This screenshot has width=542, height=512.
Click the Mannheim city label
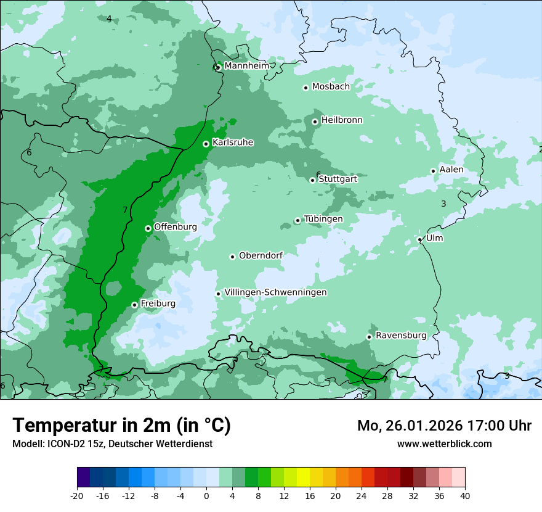click(246, 65)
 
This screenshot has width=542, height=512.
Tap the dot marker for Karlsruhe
click(206, 144)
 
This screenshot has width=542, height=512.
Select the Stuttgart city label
click(338, 179)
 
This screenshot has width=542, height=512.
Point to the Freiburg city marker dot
click(134, 305)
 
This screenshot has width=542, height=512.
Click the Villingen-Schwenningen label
click(275, 292)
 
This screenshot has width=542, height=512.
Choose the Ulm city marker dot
click(419, 239)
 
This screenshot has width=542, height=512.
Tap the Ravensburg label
click(401, 336)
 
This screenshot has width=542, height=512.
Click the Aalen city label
click(451, 170)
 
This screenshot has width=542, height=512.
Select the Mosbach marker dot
click(305, 88)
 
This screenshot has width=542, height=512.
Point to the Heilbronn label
click(342, 120)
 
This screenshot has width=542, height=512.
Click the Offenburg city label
click(176, 227)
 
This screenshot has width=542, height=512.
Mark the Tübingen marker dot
click(297, 220)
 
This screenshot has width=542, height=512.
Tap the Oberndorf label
click(261, 255)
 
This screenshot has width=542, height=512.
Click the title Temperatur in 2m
click(121, 426)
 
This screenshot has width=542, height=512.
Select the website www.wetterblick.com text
click(444, 444)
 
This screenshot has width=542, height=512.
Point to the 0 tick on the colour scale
click(206, 495)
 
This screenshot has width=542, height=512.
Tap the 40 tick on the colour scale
click(465, 495)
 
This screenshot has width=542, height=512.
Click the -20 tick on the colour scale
click(77, 495)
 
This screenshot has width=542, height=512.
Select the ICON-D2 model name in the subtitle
click(63, 444)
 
